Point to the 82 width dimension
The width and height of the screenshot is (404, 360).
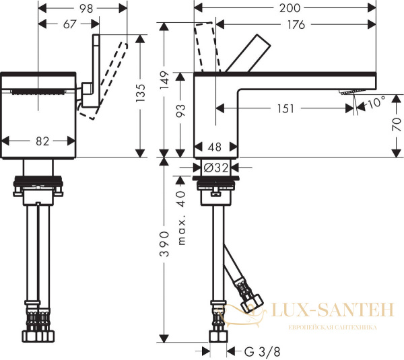tap(42, 141)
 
